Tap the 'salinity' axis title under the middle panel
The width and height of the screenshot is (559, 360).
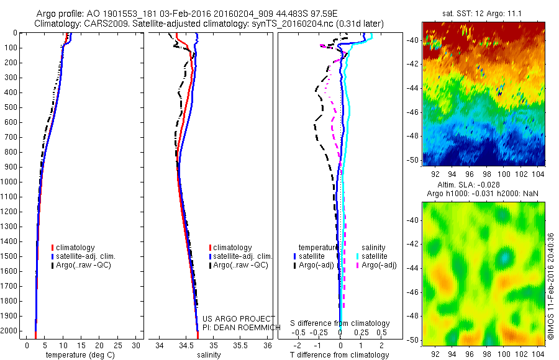(208, 355)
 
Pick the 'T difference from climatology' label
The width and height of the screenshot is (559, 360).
(340, 355)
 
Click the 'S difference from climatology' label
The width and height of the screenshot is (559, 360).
(340, 323)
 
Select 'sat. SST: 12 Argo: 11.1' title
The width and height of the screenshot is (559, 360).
(484, 14)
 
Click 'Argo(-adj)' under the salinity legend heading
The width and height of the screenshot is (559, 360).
(379, 265)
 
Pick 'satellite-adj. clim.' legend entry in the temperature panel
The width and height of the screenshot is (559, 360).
(86, 256)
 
